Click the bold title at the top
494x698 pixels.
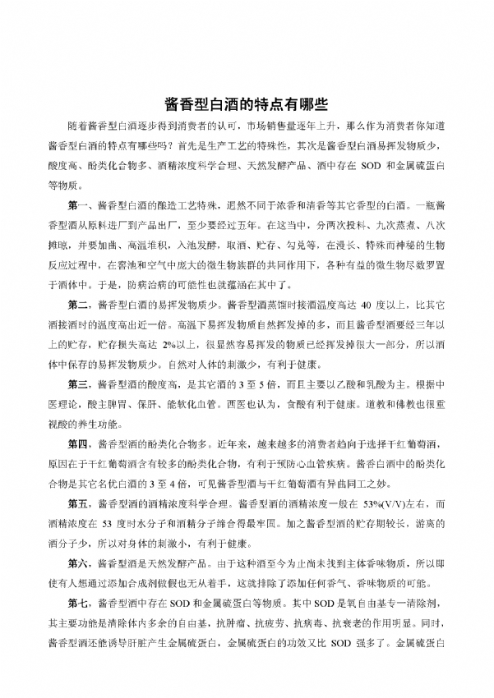(247, 104)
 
